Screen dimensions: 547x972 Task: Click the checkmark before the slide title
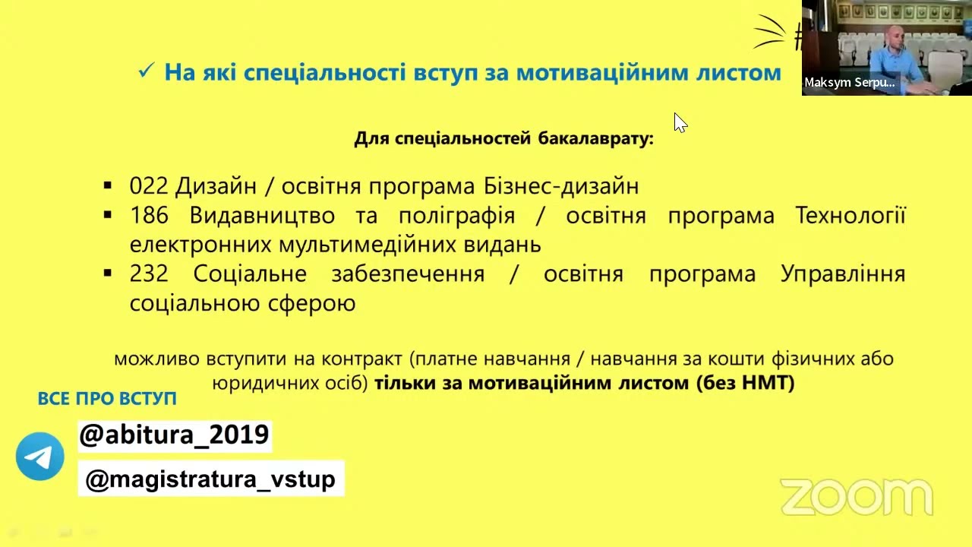(x=146, y=71)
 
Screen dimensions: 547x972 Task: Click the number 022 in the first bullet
(x=148, y=186)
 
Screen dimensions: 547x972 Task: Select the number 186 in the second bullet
(x=149, y=216)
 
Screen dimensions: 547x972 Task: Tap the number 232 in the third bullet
(x=149, y=273)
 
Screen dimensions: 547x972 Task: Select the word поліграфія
(x=456, y=216)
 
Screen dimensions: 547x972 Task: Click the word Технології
(x=850, y=216)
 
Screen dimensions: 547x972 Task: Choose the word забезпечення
(x=408, y=273)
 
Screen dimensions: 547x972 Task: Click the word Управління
(x=843, y=273)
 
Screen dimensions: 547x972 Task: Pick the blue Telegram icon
(x=39, y=457)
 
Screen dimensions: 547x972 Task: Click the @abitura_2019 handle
(x=174, y=435)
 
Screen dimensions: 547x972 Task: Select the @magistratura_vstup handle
(x=210, y=479)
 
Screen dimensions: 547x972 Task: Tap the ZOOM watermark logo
(x=856, y=497)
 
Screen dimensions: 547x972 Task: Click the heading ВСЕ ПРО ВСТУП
(x=107, y=399)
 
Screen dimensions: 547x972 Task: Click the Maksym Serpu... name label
(x=849, y=83)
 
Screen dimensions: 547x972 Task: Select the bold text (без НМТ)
(x=745, y=383)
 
